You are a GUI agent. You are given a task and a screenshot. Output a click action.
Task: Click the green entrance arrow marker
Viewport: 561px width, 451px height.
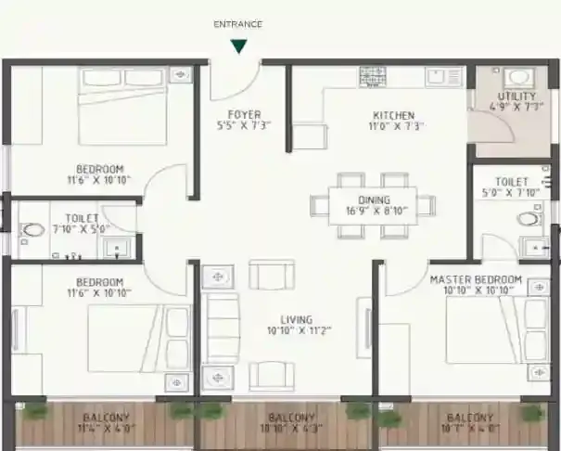(239, 45)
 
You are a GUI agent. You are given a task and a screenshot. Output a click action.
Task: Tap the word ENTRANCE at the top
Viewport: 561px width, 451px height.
(238, 24)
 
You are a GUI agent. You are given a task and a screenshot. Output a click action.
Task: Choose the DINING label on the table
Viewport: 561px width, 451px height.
(375, 200)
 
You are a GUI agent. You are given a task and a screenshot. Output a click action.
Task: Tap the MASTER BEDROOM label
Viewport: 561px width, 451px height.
(476, 279)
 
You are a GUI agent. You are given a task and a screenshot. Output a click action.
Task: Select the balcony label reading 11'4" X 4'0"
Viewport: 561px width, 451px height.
(106, 430)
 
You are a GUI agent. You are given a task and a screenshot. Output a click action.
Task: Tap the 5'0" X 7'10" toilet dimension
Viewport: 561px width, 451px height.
(512, 193)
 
